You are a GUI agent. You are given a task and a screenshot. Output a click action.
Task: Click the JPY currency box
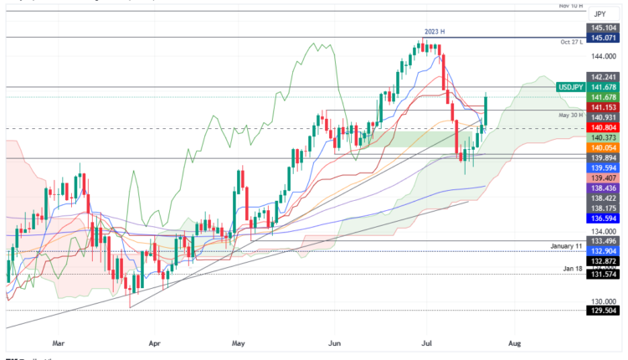[599, 14]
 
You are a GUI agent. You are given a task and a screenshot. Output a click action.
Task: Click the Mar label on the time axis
[58, 342]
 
